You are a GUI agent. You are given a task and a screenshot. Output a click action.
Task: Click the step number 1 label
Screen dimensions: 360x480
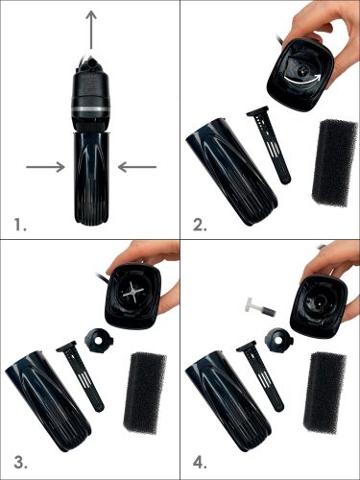click(x=20, y=225)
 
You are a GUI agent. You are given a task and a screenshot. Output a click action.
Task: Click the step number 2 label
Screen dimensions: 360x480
click(x=200, y=225)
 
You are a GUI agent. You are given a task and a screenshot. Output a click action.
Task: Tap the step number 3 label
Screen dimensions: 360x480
click(x=20, y=464)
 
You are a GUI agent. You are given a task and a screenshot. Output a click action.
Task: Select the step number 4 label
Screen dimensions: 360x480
click(x=201, y=464)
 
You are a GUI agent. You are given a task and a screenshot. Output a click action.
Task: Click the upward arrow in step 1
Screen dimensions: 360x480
click(x=92, y=30)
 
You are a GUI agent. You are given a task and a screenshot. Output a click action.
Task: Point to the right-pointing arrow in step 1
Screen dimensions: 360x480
click(x=45, y=167)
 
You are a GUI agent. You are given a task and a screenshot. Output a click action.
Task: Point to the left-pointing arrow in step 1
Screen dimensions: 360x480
click(x=137, y=167)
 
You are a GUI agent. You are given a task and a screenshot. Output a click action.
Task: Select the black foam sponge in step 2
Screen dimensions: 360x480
click(x=334, y=163)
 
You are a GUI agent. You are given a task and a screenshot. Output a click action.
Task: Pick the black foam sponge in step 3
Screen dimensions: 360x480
click(x=146, y=393)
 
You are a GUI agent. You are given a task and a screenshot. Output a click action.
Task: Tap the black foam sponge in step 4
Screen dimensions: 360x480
click(x=324, y=393)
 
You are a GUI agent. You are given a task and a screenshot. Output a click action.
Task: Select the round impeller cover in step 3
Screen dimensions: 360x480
click(x=99, y=342)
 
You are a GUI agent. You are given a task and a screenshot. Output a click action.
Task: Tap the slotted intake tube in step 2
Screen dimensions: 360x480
click(x=270, y=145)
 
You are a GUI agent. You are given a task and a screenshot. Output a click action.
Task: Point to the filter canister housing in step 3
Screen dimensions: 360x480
click(x=48, y=402)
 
